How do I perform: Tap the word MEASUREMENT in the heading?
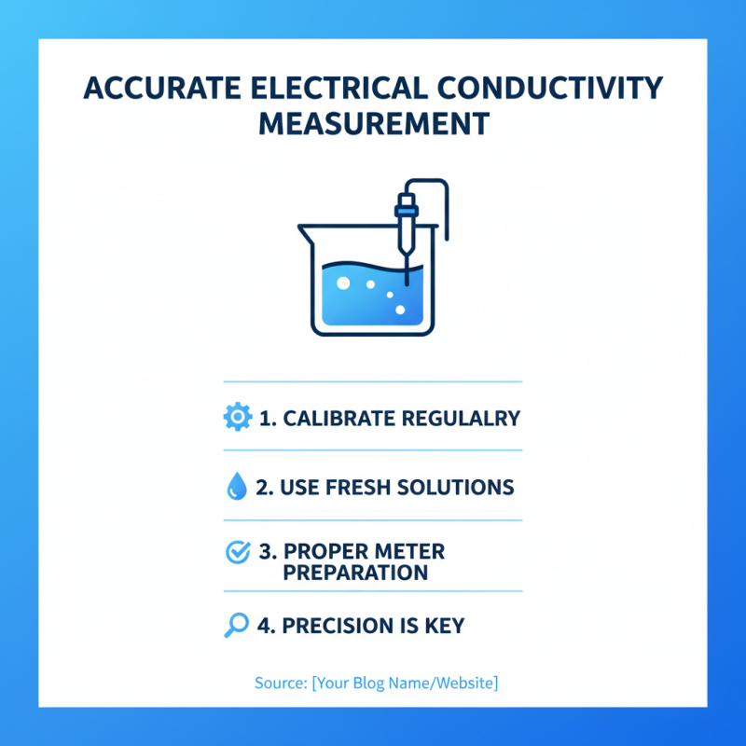pyautogui.click(x=373, y=123)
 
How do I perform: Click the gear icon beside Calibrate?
pyautogui.click(x=238, y=418)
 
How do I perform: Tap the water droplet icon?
pyautogui.click(x=237, y=486)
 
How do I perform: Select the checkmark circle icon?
pyautogui.click(x=238, y=552)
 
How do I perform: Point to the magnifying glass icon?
pyautogui.click(x=237, y=625)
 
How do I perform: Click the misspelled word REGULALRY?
pyautogui.click(x=460, y=418)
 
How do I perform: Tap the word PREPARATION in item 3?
pyautogui.click(x=355, y=572)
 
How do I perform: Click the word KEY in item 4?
pyautogui.click(x=444, y=626)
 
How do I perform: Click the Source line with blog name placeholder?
pyautogui.click(x=376, y=684)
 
